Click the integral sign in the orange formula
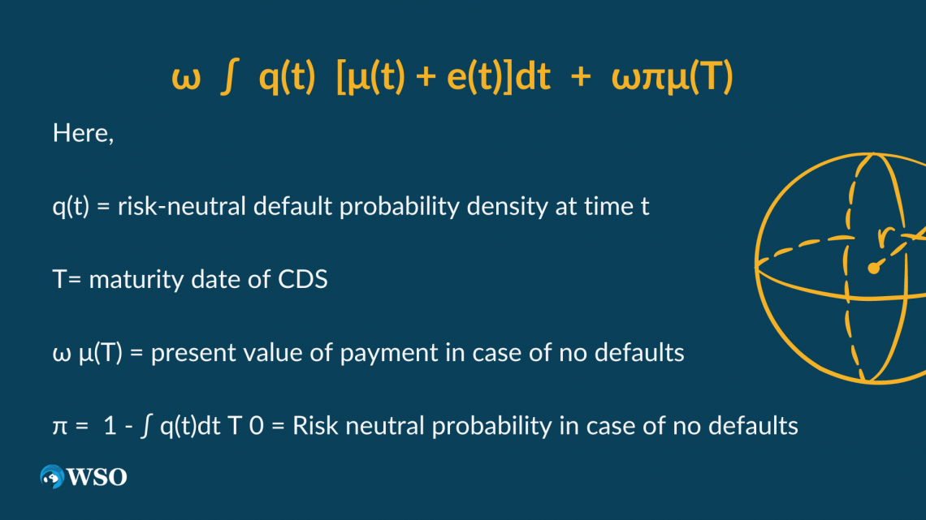click(x=228, y=78)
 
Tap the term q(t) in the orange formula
click(x=287, y=77)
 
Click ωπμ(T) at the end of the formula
click(x=672, y=77)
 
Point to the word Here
click(x=80, y=133)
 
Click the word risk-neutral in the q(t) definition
click(x=181, y=206)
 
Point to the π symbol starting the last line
click(x=60, y=426)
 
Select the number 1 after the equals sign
click(x=110, y=426)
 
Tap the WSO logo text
click(x=97, y=477)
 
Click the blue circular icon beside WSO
click(x=52, y=476)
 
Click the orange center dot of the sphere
click(x=873, y=269)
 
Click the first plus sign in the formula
click(x=426, y=77)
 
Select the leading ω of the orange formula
click(x=186, y=80)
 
